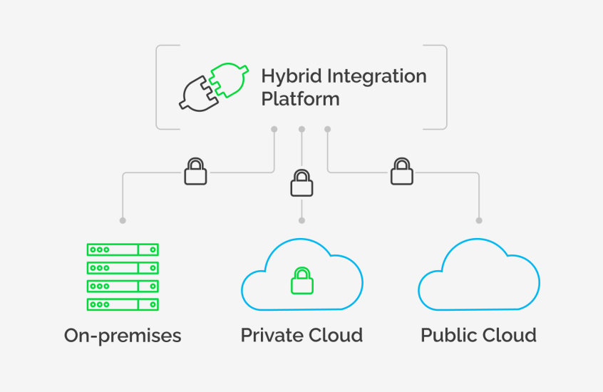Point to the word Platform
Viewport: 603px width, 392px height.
pos(300,98)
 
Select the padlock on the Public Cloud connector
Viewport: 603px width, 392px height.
pos(402,171)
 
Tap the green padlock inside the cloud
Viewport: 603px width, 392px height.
pos(301,281)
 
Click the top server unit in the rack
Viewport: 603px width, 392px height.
pos(123,249)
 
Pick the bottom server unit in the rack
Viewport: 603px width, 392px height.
pos(123,304)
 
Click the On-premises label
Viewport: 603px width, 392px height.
pos(123,335)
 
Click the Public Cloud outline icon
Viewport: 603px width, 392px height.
pos(478,278)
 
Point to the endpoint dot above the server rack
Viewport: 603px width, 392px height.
pos(123,220)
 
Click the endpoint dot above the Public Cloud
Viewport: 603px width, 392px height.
pos(479,220)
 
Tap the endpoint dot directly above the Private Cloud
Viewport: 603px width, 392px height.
pos(301,220)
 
